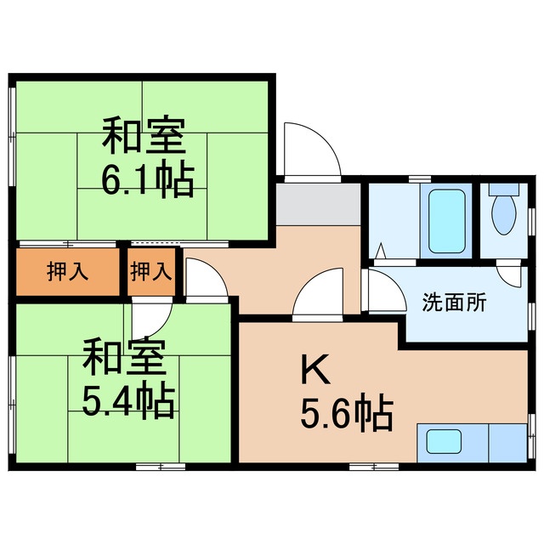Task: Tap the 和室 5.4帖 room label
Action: coord(128,379)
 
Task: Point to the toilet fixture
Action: coord(504,213)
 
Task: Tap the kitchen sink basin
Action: coord(444,442)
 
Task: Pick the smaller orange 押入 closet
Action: coord(152,272)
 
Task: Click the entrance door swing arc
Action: coord(309,150)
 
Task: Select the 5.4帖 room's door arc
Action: coord(152,317)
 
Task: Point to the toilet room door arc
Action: coord(509,274)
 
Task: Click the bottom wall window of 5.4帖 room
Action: coord(161,465)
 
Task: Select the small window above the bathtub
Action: coord(419,179)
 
